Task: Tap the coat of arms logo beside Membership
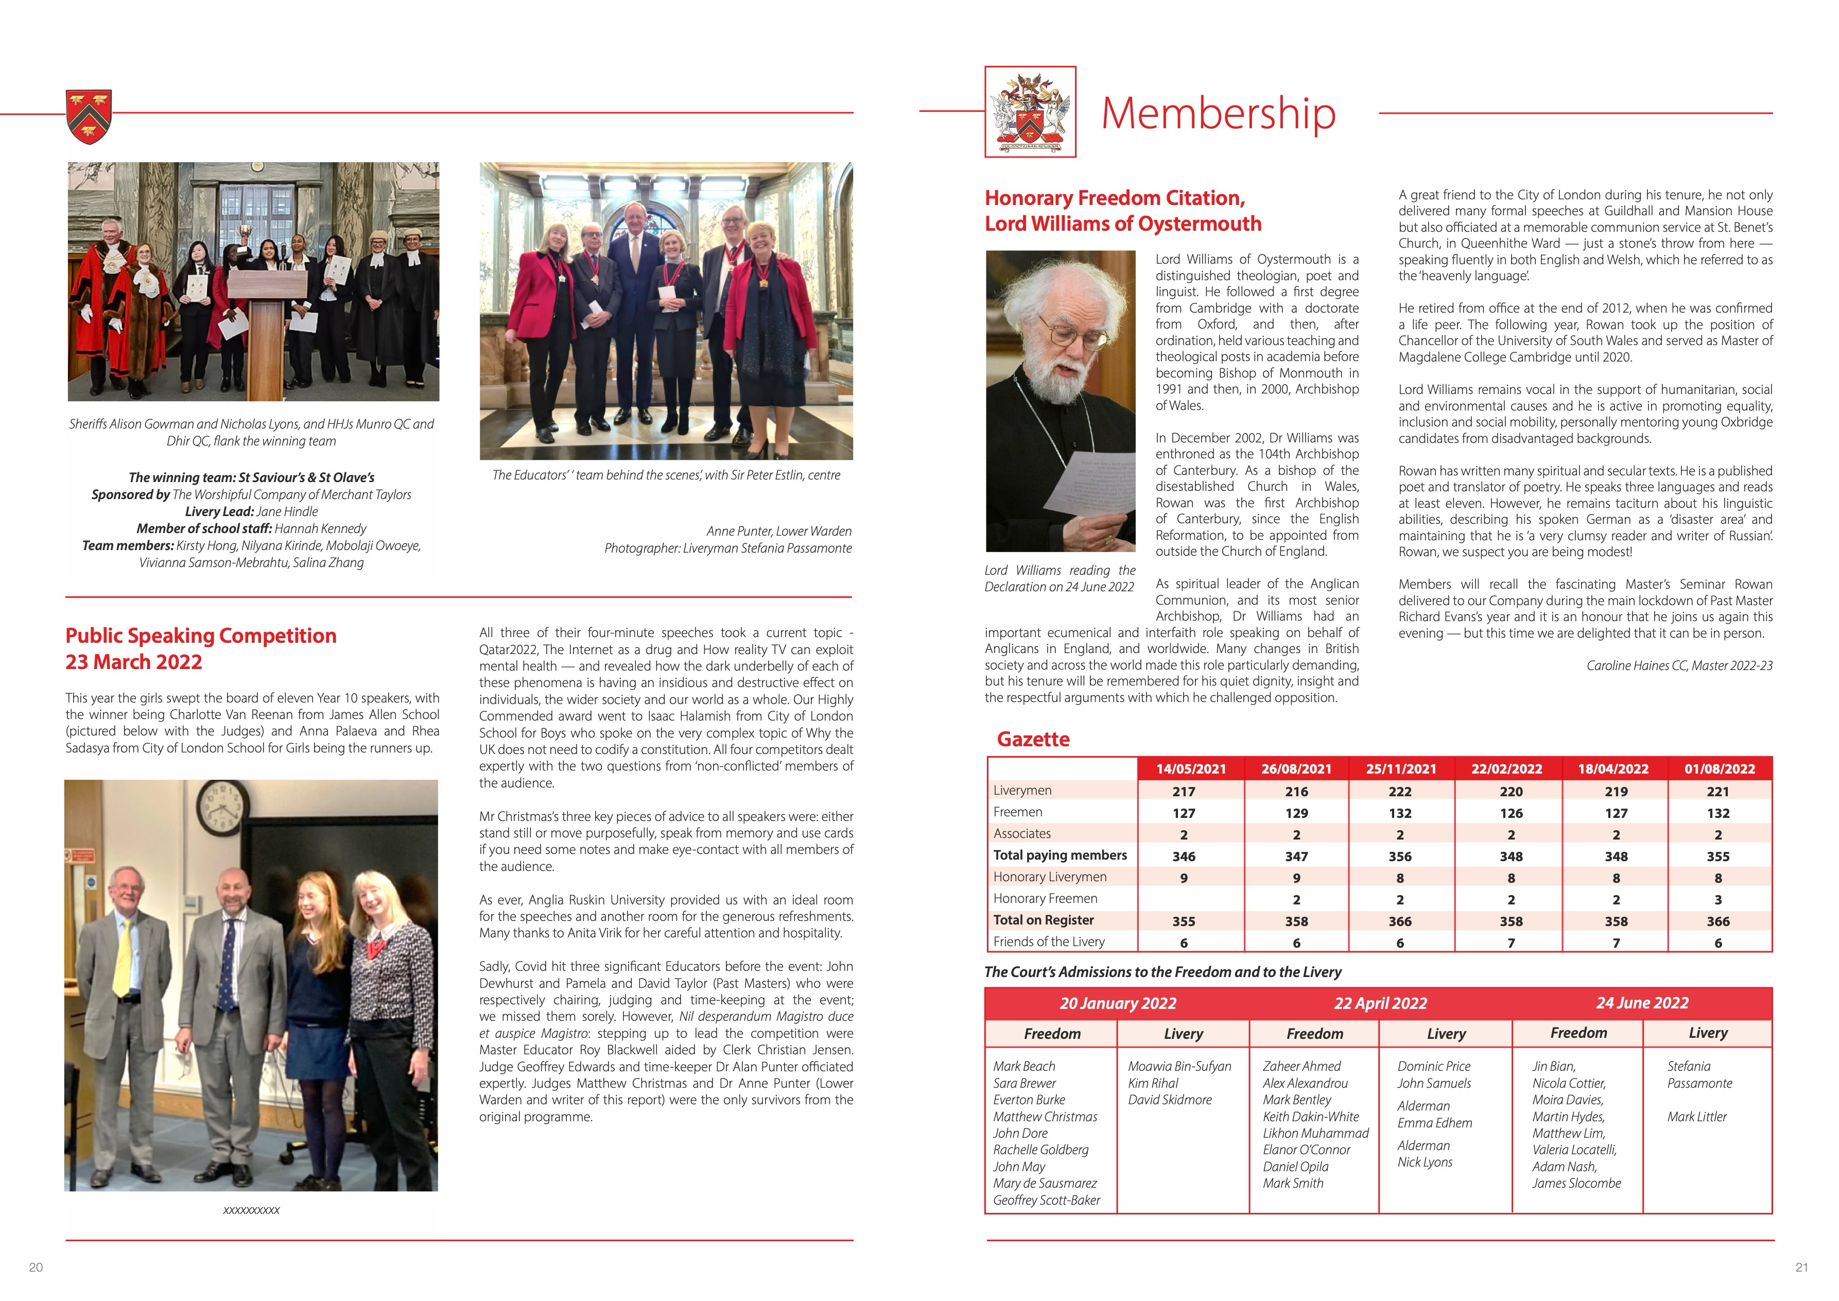(x=1030, y=112)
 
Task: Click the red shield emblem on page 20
(x=89, y=117)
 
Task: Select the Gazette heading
(x=1033, y=740)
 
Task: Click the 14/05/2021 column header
(x=1190, y=769)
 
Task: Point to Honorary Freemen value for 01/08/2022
(x=1717, y=900)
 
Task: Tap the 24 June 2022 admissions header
(x=1642, y=1003)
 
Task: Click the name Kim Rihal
(x=1153, y=1083)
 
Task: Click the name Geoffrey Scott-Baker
(x=1046, y=1200)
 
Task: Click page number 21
(x=1801, y=1268)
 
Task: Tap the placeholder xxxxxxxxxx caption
(x=252, y=1210)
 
